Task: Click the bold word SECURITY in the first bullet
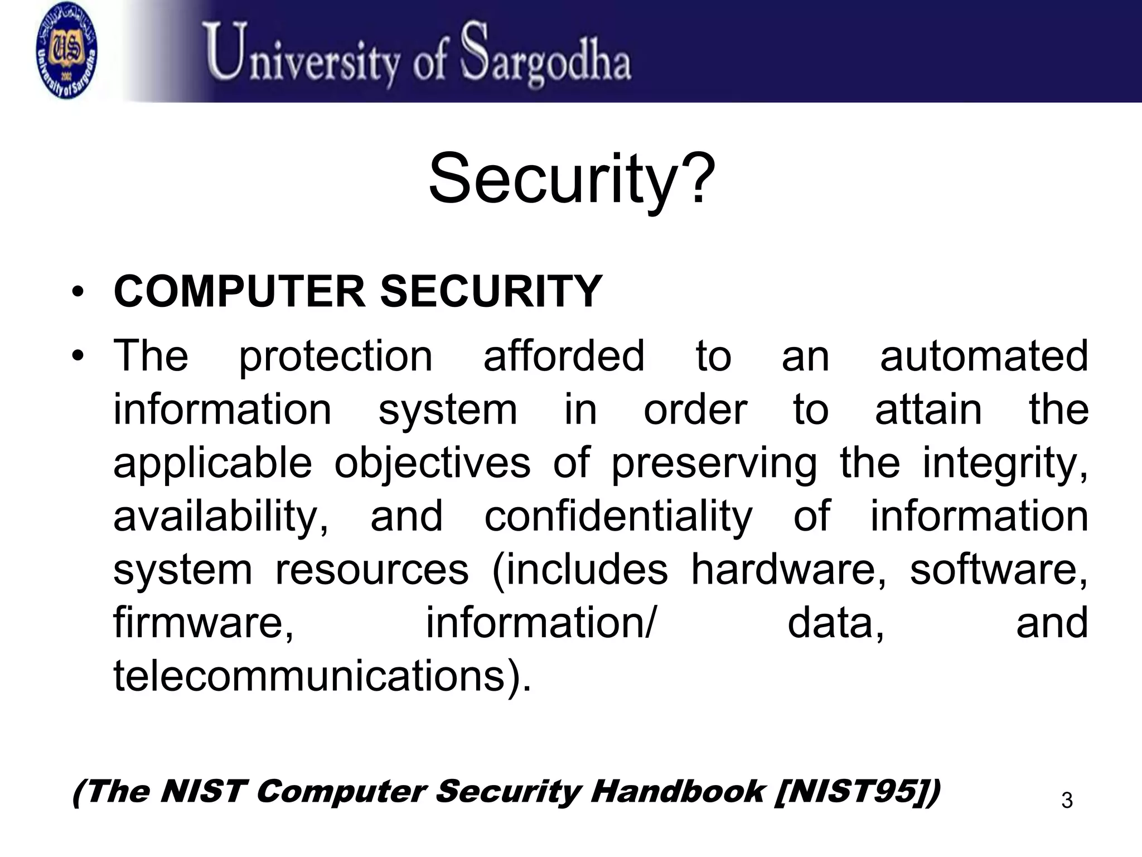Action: [491, 291]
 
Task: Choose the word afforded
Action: [564, 356]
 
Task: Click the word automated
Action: [984, 356]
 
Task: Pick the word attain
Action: [928, 410]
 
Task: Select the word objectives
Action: [432, 463]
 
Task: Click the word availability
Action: [220, 517]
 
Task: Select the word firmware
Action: [203, 623]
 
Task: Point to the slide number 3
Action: [1067, 801]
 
